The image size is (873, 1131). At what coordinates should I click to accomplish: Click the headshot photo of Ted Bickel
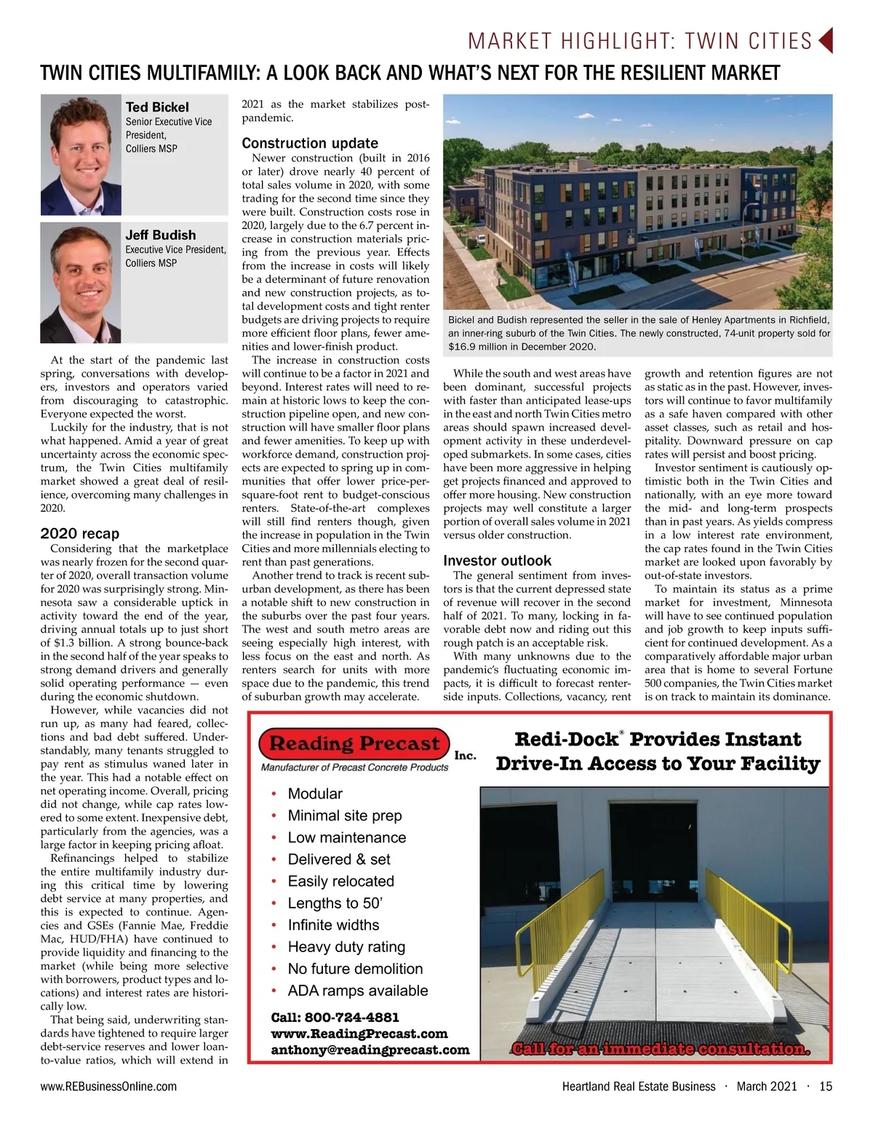click(81, 155)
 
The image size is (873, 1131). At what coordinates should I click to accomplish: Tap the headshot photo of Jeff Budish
click(81, 282)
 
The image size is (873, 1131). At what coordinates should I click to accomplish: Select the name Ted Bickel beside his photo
click(156, 107)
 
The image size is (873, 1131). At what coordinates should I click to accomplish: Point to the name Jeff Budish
click(160, 235)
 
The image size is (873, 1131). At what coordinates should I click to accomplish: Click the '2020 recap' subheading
click(79, 534)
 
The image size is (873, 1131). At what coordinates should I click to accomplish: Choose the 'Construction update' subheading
click(310, 143)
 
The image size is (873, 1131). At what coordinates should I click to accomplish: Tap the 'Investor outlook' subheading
click(497, 561)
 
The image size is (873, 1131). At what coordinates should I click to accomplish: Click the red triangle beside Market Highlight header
click(825, 41)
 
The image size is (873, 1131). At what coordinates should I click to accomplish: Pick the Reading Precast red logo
click(355, 743)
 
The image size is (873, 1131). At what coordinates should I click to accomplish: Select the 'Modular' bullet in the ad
click(314, 794)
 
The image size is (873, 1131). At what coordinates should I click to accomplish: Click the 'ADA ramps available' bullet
click(357, 991)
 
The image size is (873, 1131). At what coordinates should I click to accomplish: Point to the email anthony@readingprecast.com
click(370, 1050)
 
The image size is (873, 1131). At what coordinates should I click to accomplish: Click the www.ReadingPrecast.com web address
click(359, 1034)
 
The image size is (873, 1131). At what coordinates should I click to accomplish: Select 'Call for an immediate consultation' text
click(661, 1049)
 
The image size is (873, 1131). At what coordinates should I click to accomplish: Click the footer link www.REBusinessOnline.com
click(108, 1087)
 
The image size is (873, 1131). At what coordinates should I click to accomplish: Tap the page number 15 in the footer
click(825, 1087)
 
